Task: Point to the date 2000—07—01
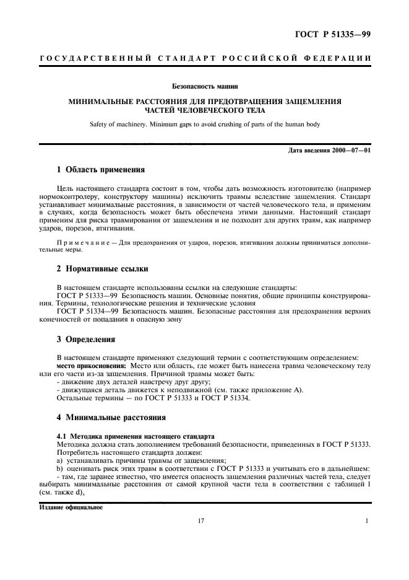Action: pyautogui.click(x=350, y=152)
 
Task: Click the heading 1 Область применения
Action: pyautogui.click(x=101, y=169)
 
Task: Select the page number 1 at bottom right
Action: pyautogui.click(x=367, y=521)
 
